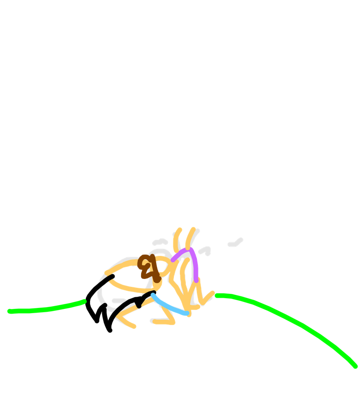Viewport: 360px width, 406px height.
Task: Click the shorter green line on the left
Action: coord(47,309)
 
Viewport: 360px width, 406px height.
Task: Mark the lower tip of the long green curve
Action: coord(355,366)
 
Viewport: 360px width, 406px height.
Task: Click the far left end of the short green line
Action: coord(9,311)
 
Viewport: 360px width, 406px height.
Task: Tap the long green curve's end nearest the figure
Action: coord(217,295)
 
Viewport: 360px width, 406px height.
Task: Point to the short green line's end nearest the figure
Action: coord(84,301)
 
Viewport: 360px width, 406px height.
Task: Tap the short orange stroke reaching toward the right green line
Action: coord(208,297)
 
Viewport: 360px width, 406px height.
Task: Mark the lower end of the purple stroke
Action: coord(196,280)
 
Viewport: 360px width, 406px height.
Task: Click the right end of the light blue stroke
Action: coord(187,313)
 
